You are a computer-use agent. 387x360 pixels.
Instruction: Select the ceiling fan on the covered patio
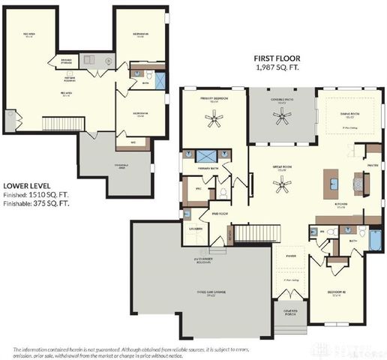(x=282, y=115)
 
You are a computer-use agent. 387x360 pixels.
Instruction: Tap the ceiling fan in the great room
(x=282, y=185)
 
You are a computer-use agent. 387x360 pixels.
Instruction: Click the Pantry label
(x=372, y=166)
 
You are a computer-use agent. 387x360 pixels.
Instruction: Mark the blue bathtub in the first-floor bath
(x=374, y=241)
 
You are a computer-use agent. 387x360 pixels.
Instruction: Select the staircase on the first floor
(x=251, y=233)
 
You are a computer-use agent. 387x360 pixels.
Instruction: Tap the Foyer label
(x=289, y=256)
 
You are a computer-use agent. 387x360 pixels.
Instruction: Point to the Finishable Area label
(x=121, y=166)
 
